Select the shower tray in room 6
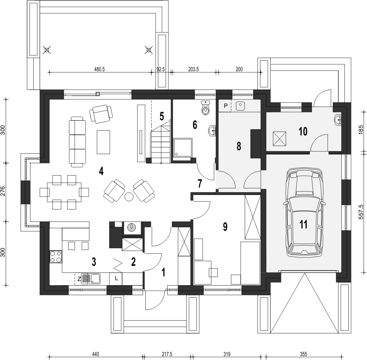[183, 147]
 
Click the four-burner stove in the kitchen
[56, 256]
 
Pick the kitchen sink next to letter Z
[91, 278]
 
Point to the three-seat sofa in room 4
[77, 142]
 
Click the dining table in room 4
[65, 192]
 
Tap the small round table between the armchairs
[129, 196]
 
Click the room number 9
[225, 227]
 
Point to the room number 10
[303, 132]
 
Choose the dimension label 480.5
[99, 69]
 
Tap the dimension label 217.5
[167, 354]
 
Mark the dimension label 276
[3, 192]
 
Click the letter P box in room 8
[225, 106]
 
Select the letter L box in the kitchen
[116, 279]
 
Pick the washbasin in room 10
[338, 119]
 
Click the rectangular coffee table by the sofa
[103, 142]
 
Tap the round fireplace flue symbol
[131, 227]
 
